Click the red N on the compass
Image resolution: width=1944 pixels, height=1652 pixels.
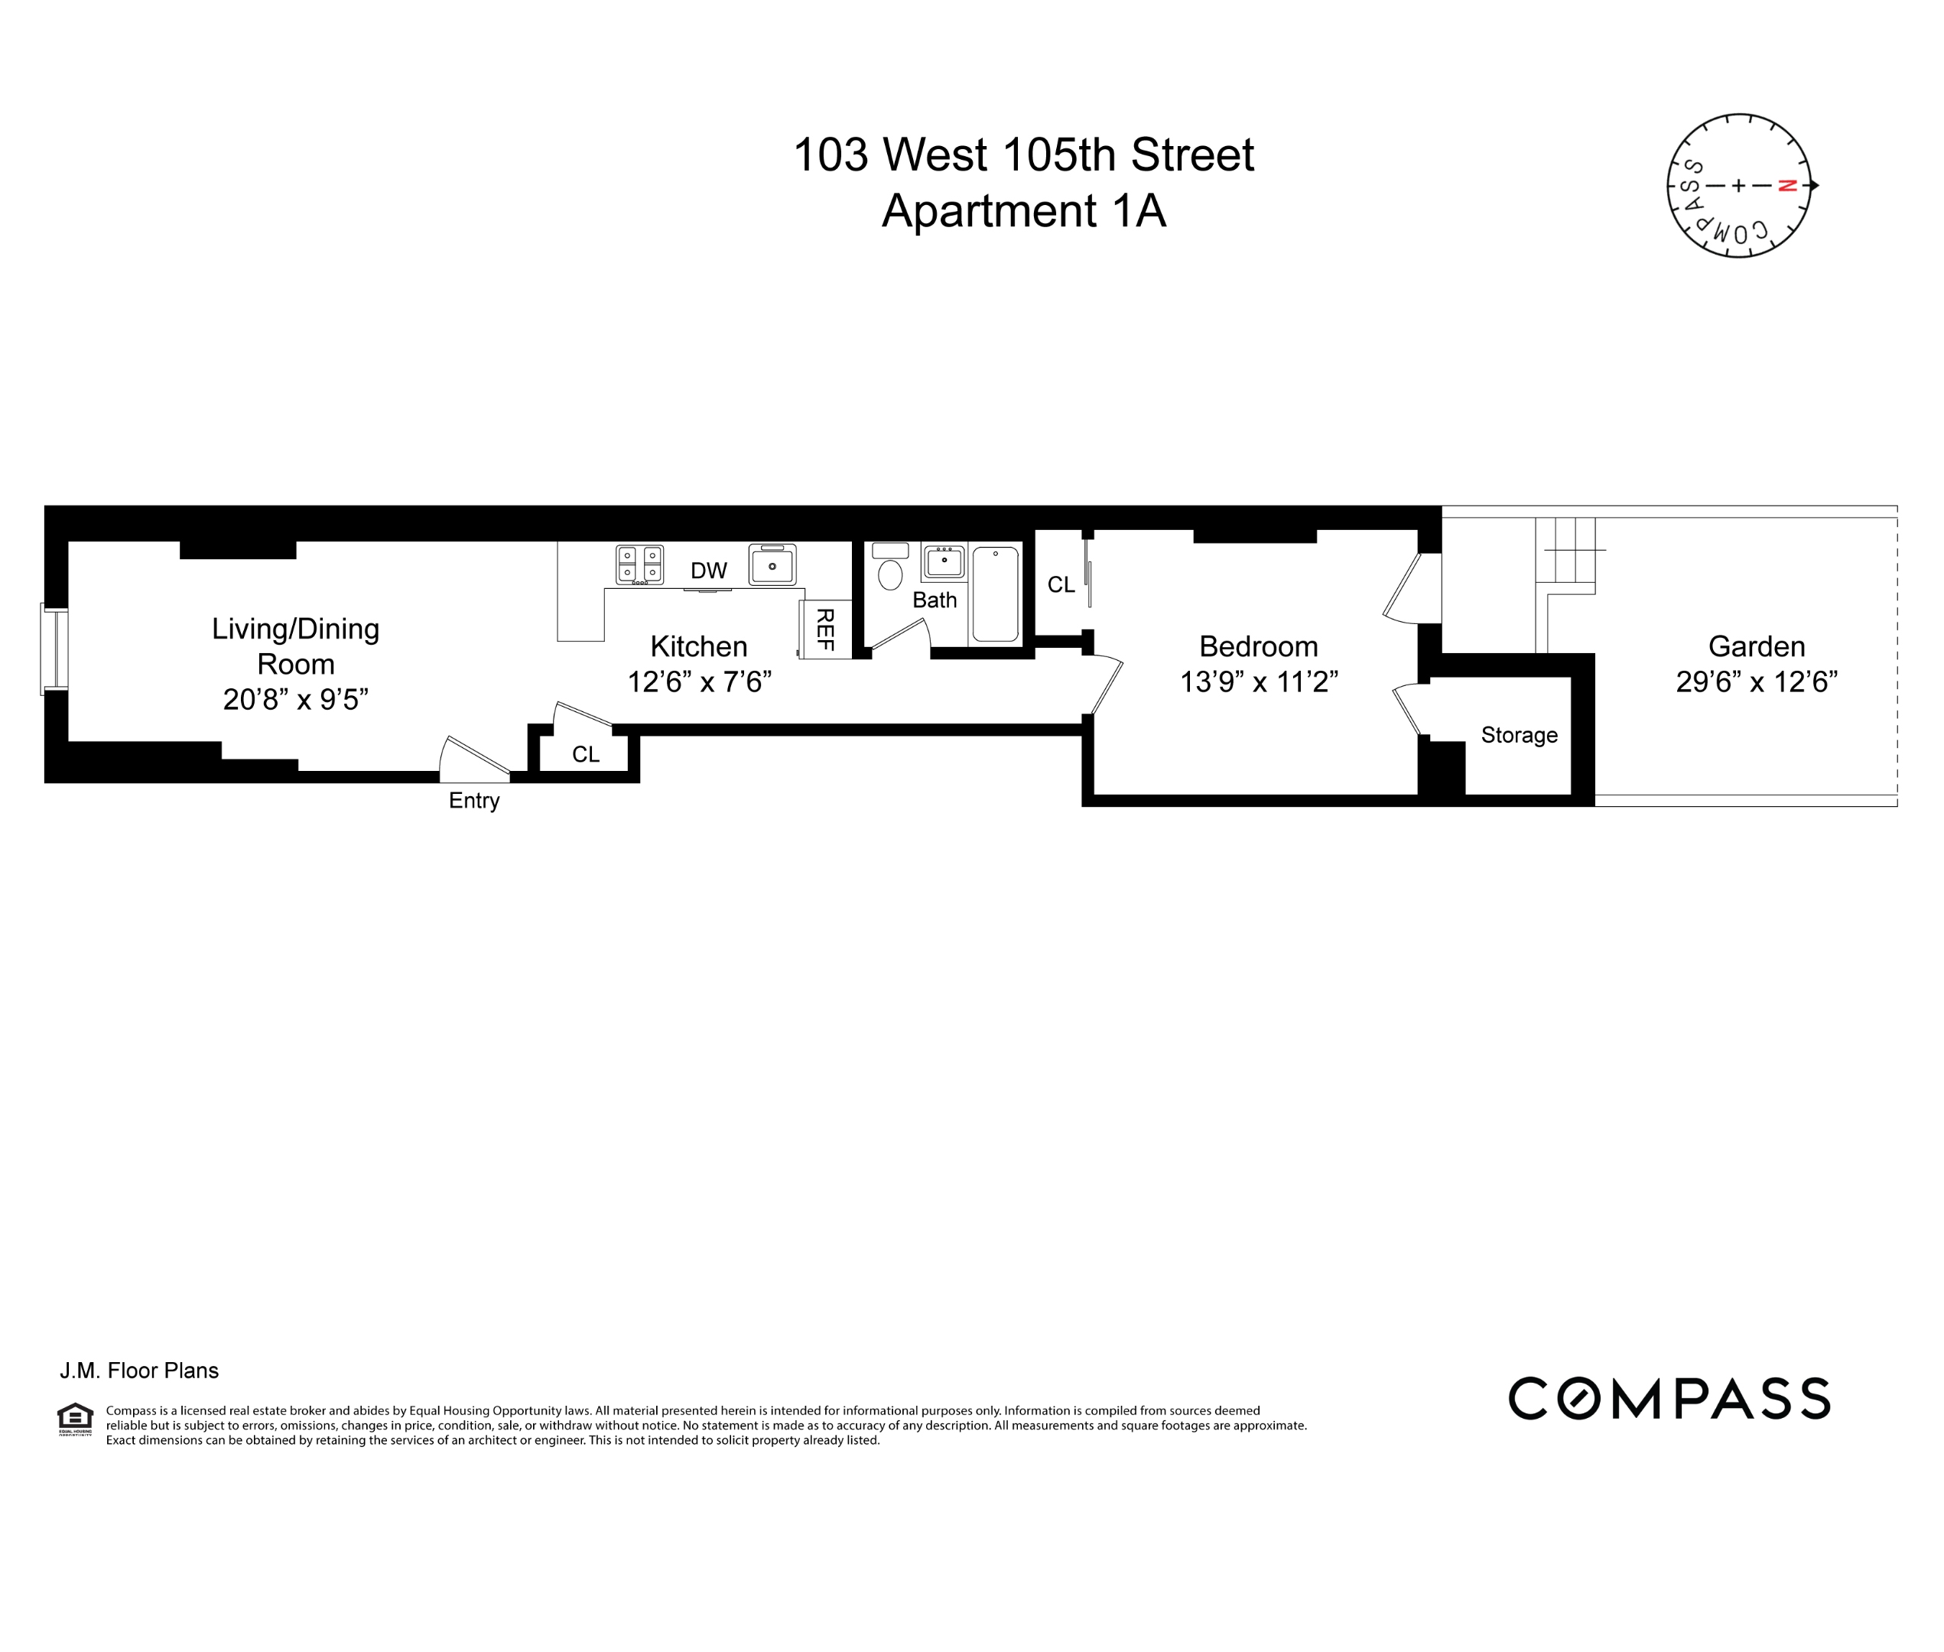[1786, 185]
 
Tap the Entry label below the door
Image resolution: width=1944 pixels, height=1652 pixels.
[474, 801]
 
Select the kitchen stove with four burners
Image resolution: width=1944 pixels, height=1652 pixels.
[639, 564]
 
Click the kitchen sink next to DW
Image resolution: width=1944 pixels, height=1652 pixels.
[772, 564]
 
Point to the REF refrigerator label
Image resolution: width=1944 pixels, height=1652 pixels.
[825, 629]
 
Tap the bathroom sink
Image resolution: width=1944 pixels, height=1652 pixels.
[944, 562]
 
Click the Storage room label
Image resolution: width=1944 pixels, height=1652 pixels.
[1519, 735]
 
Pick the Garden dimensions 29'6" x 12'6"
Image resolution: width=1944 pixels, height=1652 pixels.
[1757, 681]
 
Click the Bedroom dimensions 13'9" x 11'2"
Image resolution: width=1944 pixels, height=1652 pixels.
[1259, 681]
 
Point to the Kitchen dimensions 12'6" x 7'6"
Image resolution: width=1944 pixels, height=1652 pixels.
[698, 681]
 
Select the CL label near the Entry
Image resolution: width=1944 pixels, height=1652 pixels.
[585, 754]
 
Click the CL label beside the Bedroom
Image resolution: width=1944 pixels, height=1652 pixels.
[1061, 584]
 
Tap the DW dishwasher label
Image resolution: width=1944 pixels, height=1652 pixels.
[709, 571]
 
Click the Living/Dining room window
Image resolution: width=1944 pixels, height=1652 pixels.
[54, 650]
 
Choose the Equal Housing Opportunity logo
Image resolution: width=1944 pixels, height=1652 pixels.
[75, 1419]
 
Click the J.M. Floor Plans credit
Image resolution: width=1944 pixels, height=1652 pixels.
[139, 1371]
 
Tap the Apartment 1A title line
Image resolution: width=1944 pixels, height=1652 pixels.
[1023, 211]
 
